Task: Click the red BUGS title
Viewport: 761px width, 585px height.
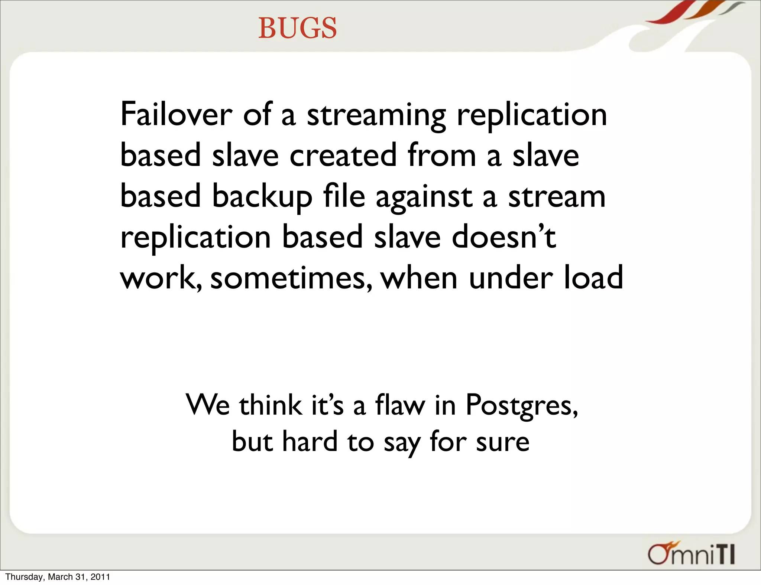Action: [298, 28]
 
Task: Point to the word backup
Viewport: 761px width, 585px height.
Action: [262, 197]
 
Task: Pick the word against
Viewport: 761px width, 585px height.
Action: [424, 197]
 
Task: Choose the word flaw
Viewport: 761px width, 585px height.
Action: [400, 405]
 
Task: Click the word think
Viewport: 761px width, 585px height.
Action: [271, 405]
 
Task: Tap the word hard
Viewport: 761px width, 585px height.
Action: [310, 441]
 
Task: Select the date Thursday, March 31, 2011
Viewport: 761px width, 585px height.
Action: [58, 577]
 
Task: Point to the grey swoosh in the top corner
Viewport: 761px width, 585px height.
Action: [731, 7]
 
